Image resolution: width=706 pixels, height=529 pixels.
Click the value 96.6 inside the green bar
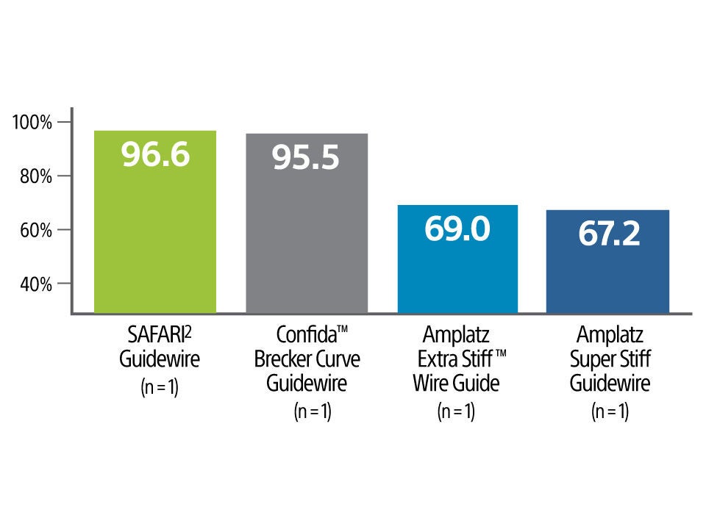(x=155, y=155)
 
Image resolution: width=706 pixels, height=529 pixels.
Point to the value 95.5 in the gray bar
(x=306, y=158)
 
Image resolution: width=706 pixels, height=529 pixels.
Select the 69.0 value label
(x=457, y=229)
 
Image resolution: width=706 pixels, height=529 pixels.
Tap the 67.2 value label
(x=607, y=234)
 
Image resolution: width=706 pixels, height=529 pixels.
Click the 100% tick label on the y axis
(x=32, y=123)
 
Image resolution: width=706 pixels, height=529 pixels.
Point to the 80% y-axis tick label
(x=34, y=176)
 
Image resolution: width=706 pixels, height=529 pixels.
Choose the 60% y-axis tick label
(x=34, y=230)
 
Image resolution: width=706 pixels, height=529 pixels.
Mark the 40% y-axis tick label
(x=34, y=284)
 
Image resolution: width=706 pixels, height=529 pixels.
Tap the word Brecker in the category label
(x=282, y=360)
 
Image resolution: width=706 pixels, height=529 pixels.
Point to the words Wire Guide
(x=456, y=384)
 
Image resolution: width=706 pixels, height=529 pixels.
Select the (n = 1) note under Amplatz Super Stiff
(x=610, y=411)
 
